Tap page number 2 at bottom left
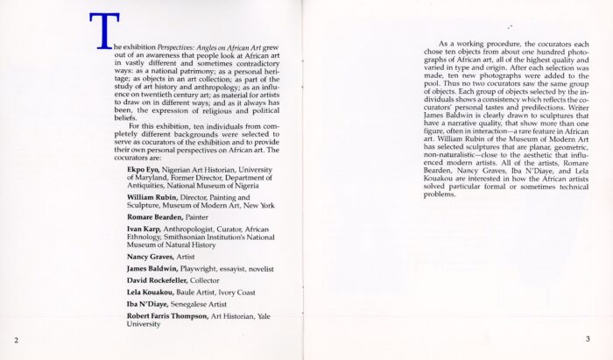15,339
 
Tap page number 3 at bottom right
588,339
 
